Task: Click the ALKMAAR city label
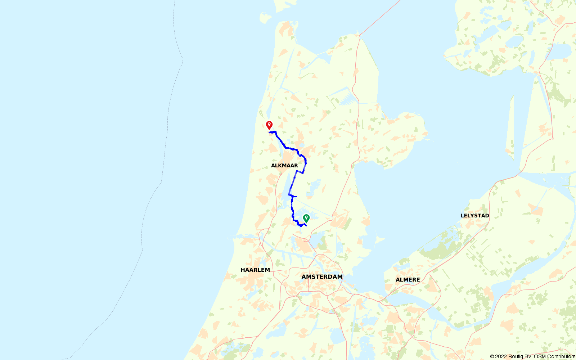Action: (x=284, y=166)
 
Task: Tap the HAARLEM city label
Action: (x=255, y=270)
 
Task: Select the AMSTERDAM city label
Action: (x=322, y=277)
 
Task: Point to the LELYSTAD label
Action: (x=475, y=216)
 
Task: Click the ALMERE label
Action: (x=408, y=280)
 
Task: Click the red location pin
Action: (x=269, y=125)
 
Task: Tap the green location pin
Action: (x=306, y=218)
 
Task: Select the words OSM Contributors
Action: (x=554, y=356)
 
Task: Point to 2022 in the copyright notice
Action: (x=501, y=356)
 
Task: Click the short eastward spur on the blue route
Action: (x=294, y=196)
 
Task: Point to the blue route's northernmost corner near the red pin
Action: (x=275, y=132)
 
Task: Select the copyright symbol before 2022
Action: (x=492, y=356)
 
